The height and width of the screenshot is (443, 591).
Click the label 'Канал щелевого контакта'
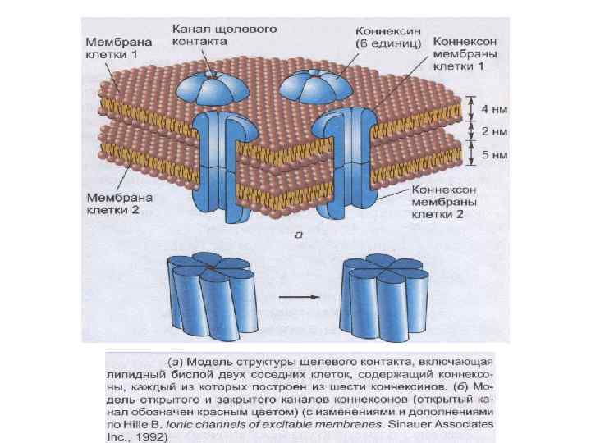click(224, 34)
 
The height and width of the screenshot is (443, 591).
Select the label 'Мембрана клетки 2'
click(116, 203)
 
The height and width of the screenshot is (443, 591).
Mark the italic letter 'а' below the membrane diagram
click(298, 235)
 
